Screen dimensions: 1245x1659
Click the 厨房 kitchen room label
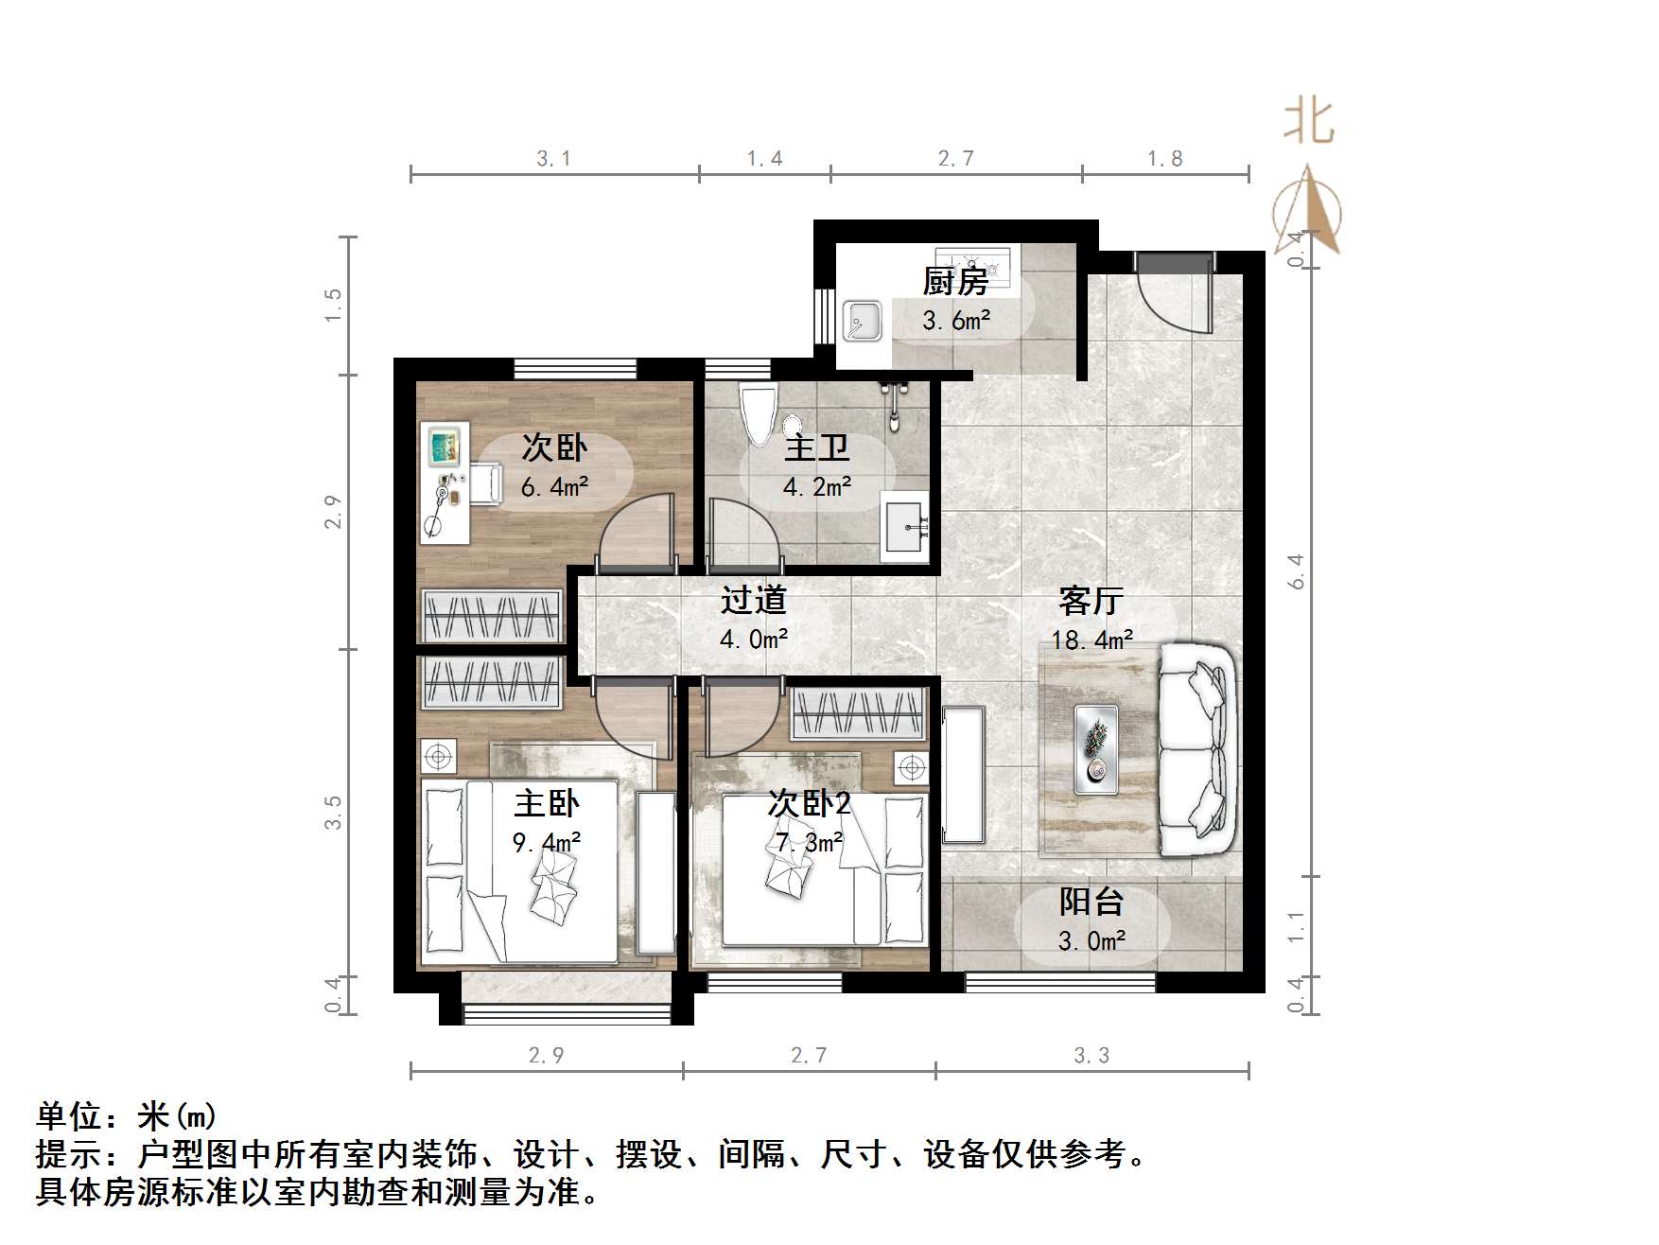click(955, 281)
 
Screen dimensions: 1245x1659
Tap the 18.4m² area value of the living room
click(1091, 640)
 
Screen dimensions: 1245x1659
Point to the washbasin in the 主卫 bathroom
click(906, 526)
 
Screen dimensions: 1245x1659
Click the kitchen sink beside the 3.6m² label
click(863, 321)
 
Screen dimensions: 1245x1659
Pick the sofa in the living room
click(1197, 750)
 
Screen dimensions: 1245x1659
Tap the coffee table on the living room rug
click(1096, 748)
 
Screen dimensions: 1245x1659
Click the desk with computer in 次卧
click(445, 483)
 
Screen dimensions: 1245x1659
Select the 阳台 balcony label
click(1091, 902)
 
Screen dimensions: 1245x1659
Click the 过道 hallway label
click(753, 600)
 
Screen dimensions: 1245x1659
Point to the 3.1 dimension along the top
click(554, 159)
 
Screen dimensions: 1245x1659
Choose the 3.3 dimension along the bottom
click(1091, 1056)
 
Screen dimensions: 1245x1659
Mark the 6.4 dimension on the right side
click(1296, 572)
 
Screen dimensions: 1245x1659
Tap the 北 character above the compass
click(1308, 123)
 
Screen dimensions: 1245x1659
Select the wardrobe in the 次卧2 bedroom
click(858, 714)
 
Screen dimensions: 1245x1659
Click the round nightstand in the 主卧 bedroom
click(437, 756)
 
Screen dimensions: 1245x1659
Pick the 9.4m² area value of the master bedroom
click(546, 841)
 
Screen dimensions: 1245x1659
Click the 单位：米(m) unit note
click(127, 1117)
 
